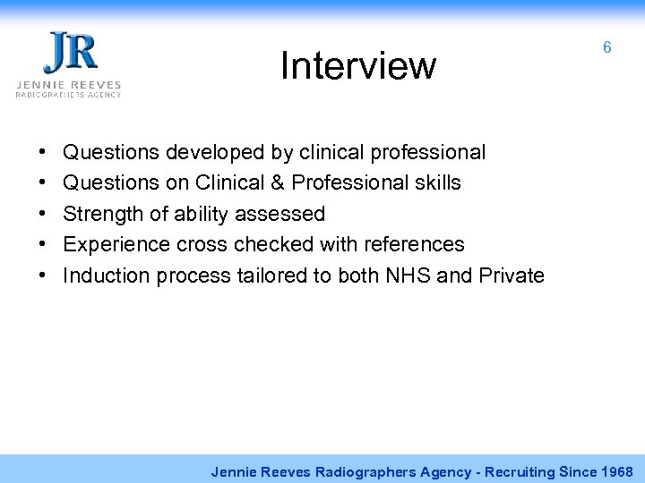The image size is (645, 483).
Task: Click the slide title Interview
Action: point(357,65)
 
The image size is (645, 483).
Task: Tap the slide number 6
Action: point(607,47)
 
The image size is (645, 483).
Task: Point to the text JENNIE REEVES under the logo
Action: point(68,84)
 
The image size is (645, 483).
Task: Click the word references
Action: point(413,244)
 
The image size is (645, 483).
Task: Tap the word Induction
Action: point(105,275)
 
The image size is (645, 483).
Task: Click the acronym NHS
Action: point(407,275)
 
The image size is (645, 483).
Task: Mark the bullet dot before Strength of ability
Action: point(44,214)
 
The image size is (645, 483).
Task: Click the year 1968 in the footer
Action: point(616,470)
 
